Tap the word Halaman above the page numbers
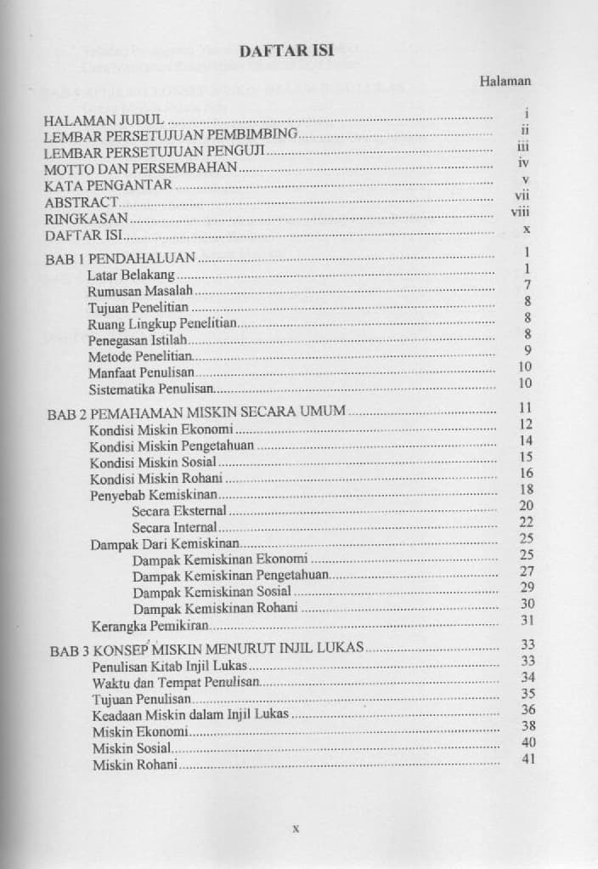pos(505,82)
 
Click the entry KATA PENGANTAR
pos(108,185)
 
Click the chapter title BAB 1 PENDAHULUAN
pos(121,256)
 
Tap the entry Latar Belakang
pos(131,275)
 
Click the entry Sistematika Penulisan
pos(149,389)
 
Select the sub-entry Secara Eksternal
pos(179,510)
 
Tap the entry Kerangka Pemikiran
pos(149,626)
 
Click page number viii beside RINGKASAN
pos(520,212)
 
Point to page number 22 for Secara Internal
pos(526,522)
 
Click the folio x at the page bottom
pos(295,826)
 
